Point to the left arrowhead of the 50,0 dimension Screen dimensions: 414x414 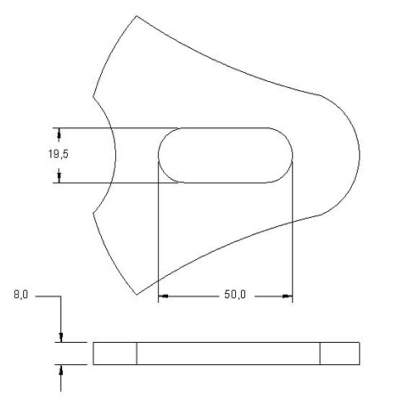tap(163, 296)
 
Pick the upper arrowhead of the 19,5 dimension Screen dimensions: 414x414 tap(60, 133)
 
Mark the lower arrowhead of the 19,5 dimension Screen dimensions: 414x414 tap(60, 177)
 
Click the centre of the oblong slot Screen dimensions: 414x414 tap(225, 155)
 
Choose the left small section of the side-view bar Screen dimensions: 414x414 tap(114, 354)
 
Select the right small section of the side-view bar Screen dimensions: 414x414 tap(340, 354)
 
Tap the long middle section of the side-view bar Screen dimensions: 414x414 tap(228, 354)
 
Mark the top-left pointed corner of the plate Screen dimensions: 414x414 tap(135, 17)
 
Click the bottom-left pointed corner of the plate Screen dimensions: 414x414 tap(137, 293)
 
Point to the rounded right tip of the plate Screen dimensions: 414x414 tap(359, 155)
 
